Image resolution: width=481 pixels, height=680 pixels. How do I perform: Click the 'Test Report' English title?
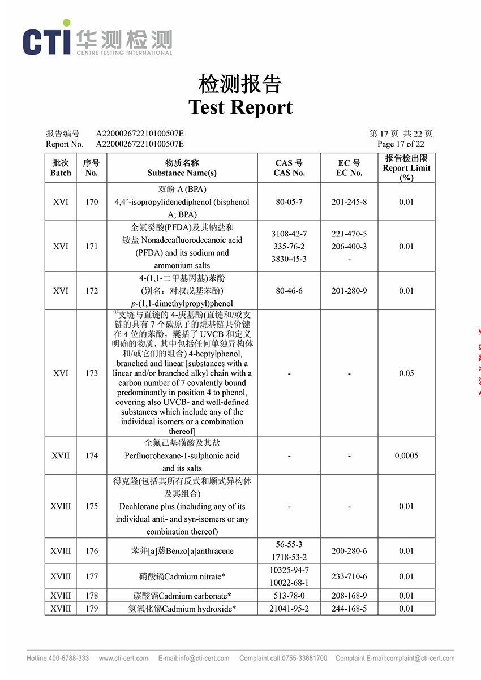click(240, 107)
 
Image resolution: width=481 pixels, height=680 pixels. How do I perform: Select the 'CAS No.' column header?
click(289, 173)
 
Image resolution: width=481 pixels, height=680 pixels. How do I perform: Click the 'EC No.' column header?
click(349, 173)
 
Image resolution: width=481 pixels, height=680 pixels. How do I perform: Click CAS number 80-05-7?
click(289, 202)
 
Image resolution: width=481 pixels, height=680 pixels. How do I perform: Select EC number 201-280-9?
click(349, 291)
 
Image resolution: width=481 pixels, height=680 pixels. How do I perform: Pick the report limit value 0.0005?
click(406, 455)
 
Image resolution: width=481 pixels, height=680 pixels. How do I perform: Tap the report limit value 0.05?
click(406, 373)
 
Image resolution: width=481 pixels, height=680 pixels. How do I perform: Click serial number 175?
click(92, 506)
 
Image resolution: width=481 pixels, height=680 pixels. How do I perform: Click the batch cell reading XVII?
click(61, 455)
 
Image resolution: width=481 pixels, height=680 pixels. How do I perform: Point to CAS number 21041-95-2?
click(289, 609)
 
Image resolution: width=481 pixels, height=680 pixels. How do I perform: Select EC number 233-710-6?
click(349, 576)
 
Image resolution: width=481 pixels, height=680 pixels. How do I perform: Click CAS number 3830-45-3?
click(289, 259)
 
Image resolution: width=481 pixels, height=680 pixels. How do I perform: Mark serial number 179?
click(92, 609)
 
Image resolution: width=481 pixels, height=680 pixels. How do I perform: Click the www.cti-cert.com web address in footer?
click(123, 658)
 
